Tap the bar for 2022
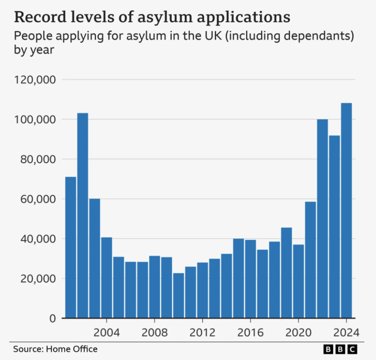click(x=322, y=219)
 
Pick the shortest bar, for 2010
click(x=178, y=295)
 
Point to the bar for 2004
click(x=106, y=277)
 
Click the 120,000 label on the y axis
click(x=35, y=80)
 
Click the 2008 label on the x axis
click(x=155, y=333)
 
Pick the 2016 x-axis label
click(x=250, y=333)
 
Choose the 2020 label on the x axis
click(x=298, y=333)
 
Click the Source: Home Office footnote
click(x=55, y=349)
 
